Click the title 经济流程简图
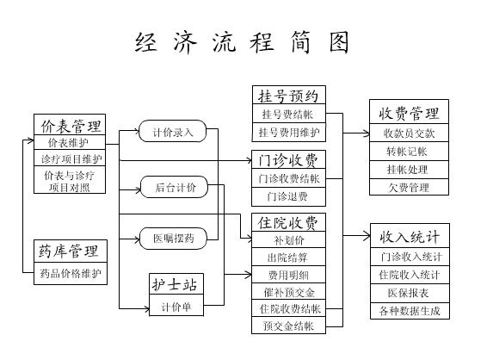pos(242,42)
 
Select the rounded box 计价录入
pos(172,131)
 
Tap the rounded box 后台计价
pos(174,187)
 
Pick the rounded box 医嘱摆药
pos(173,239)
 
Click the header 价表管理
pos(70,125)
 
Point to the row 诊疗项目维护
pos(70,158)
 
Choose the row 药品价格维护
pos(71,274)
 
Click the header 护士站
pos(176,284)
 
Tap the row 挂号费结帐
pos(289,114)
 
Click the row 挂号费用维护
pos(289,132)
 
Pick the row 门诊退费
pos(288,196)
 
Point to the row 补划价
pos(288,239)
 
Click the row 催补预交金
pos(288,292)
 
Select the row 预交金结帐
pos(288,326)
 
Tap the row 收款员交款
pos(409,133)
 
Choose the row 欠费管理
pos(409,187)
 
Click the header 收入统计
pos(410,236)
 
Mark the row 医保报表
pos(410,293)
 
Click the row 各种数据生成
pos(410,311)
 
